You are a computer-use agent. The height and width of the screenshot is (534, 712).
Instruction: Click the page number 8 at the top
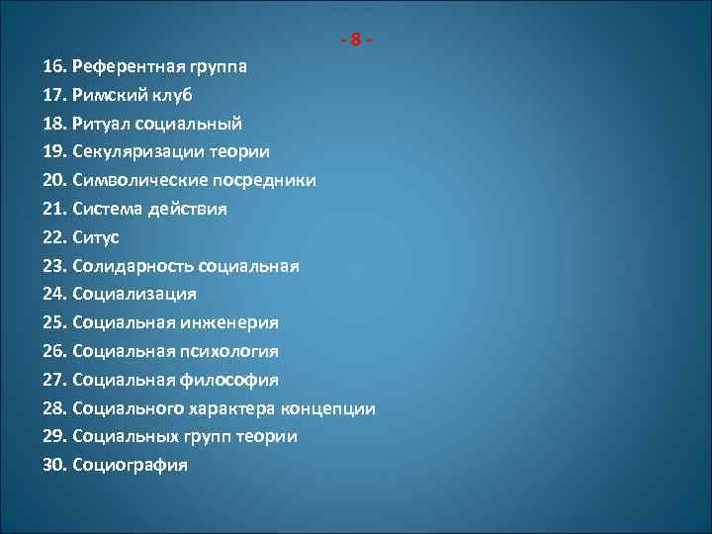pos(356,41)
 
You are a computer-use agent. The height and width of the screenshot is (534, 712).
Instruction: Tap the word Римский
pos(107,96)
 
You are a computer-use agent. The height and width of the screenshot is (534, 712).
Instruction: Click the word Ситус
pos(96,237)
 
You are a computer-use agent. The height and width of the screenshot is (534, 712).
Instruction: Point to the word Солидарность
pos(133,266)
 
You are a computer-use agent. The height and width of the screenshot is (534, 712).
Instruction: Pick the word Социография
pos(130,465)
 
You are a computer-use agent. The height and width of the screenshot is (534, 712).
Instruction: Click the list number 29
pos(54,436)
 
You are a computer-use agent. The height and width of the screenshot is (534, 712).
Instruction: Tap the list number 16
pos(54,67)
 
